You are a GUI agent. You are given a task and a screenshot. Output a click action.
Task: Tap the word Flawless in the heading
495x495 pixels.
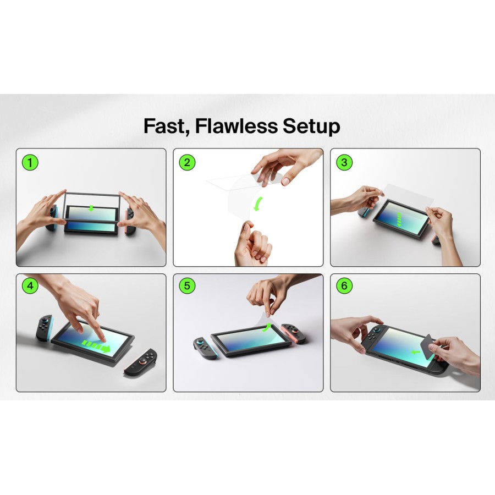coord(236,125)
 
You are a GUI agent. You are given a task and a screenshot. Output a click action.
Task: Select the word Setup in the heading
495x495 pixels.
coord(311,127)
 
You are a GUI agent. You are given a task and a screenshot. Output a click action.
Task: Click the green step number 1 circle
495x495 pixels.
coord(30,163)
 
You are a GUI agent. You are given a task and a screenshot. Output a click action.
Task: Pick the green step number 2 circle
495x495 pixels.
coord(187,163)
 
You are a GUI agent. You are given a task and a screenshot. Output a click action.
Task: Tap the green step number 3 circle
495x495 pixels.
coord(344,163)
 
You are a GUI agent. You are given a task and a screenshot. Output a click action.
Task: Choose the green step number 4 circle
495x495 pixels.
coord(30,285)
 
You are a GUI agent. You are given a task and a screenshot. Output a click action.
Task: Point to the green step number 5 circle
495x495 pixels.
coord(187,285)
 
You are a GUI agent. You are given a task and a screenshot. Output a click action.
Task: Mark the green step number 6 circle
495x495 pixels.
coord(344,285)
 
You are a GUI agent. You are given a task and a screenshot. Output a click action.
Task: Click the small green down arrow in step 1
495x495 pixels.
coord(91,208)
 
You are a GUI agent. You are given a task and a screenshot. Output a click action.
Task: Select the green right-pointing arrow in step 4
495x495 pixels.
coord(96,346)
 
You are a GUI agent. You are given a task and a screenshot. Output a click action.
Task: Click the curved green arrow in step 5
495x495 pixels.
coord(267,327)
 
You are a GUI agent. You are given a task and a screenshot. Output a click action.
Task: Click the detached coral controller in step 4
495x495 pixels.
coord(141,362)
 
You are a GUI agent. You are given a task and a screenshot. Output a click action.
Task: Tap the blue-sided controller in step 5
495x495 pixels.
coord(206,348)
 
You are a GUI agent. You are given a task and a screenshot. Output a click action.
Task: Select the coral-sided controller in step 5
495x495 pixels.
coord(293,333)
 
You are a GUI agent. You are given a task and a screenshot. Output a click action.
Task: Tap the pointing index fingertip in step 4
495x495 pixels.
coord(103,339)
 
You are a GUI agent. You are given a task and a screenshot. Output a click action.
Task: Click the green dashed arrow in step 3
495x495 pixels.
coord(399,219)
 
